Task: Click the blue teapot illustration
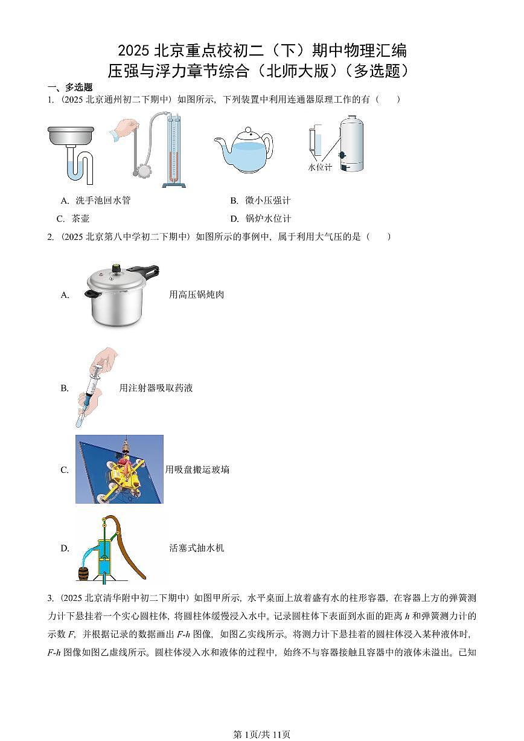(243, 149)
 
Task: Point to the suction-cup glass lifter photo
(119, 469)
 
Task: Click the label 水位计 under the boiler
(319, 167)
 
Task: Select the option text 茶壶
(80, 219)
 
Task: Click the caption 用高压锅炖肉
(197, 295)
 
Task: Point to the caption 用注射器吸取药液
(156, 388)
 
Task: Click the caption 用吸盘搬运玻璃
(197, 469)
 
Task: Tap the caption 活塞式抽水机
(197, 548)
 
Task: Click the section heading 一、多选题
(70, 87)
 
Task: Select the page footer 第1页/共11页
(262, 734)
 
